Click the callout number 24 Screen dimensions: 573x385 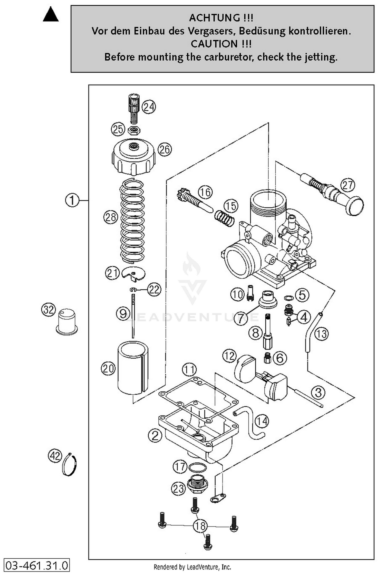[x=149, y=107]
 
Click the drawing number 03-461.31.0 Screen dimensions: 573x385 [x=37, y=566]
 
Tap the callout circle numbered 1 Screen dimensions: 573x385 [x=72, y=200]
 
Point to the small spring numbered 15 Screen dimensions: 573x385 [x=225, y=218]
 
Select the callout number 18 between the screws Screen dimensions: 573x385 [x=200, y=526]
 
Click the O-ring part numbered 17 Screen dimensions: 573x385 [x=197, y=467]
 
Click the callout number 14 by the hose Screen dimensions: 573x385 [x=262, y=421]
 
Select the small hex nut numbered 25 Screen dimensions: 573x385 [x=134, y=131]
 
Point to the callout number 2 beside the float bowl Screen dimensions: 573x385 [x=155, y=435]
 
